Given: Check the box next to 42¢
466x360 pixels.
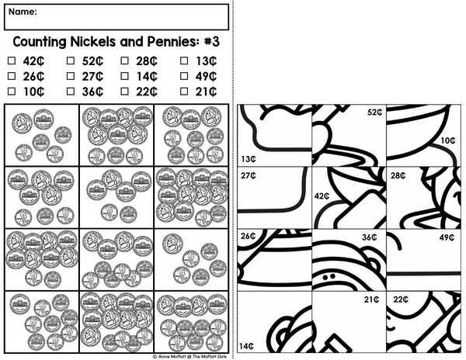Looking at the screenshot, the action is pyautogui.click(x=12, y=61).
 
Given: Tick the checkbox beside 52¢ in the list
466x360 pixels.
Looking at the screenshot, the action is pyautogui.click(x=71, y=61).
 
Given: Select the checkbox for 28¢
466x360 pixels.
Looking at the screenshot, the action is pyautogui.click(x=125, y=61).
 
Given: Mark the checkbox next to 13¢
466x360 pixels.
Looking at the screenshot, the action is pyautogui.click(x=184, y=61).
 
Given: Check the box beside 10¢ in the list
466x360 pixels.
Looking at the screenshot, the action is pyautogui.click(x=12, y=91).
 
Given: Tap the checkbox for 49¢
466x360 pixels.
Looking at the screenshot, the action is pyautogui.click(x=184, y=76).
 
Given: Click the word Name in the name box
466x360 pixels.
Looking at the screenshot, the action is pyautogui.click(x=23, y=12).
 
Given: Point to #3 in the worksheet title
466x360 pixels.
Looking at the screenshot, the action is pyautogui.click(x=212, y=42).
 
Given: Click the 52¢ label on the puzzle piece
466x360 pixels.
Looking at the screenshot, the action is pyautogui.click(x=375, y=112).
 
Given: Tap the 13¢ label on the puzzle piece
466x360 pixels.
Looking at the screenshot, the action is pyautogui.click(x=249, y=159).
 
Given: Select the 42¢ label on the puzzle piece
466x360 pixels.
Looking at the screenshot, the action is pyautogui.click(x=322, y=196).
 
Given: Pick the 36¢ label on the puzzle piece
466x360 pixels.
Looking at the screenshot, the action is pyautogui.click(x=370, y=237).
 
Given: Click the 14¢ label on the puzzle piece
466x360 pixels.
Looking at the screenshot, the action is pyautogui.click(x=247, y=346).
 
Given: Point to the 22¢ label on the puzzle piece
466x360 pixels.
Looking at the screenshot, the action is pyautogui.click(x=401, y=299).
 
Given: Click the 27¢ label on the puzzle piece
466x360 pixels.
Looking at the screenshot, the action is pyautogui.click(x=249, y=175).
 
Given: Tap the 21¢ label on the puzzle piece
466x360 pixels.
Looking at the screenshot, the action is pyautogui.click(x=372, y=299).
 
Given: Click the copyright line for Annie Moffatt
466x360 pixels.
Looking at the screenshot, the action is pyautogui.click(x=190, y=357).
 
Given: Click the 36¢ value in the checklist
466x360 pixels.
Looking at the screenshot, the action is pyautogui.click(x=92, y=92).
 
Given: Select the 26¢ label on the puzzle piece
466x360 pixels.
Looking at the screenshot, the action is pyautogui.click(x=249, y=236).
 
